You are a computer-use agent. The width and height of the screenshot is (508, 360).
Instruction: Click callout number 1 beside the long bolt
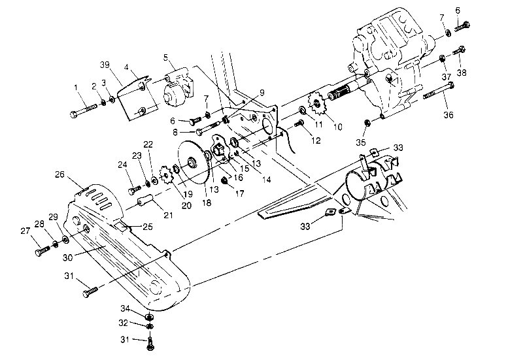point(76,88)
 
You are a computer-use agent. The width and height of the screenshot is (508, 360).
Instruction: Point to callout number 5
point(166,57)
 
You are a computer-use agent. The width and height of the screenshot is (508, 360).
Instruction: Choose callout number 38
point(463,73)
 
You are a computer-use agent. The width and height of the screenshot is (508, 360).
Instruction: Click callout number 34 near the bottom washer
point(124,308)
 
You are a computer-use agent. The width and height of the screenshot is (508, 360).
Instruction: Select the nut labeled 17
point(224,181)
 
